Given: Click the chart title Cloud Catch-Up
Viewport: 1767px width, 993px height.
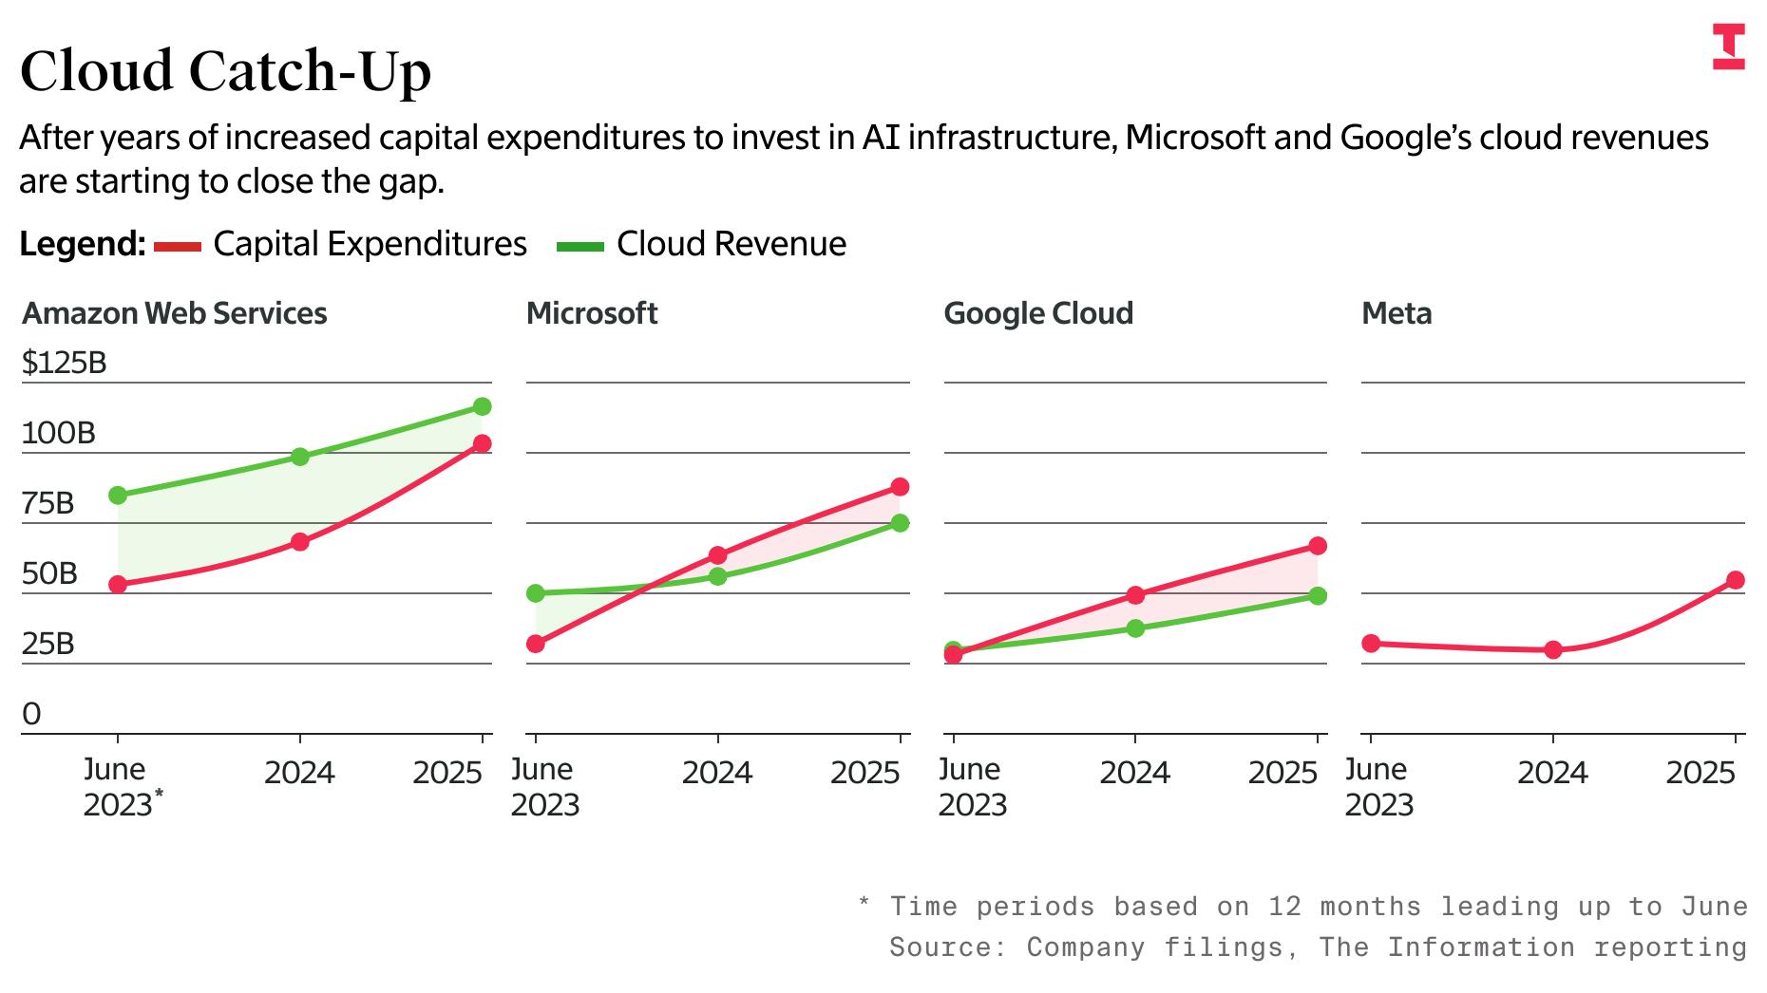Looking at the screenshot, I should (x=225, y=70).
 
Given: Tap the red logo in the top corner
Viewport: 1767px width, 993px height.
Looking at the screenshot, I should (x=1728, y=48).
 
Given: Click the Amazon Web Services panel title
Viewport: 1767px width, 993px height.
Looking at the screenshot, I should (x=175, y=313).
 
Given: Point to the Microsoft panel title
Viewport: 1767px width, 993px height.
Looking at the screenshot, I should (x=592, y=313).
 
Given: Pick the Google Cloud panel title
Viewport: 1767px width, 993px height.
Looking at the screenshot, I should (x=1038, y=313).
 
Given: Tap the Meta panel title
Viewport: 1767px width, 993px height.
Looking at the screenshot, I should (x=1396, y=313).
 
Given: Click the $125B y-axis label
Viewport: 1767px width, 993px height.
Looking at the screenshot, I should (x=65, y=363).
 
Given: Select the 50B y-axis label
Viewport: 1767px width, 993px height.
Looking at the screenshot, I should (x=49, y=573).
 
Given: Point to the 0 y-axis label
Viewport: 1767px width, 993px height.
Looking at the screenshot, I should (x=31, y=714).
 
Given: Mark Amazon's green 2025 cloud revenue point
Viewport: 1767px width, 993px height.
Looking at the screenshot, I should (x=482, y=406).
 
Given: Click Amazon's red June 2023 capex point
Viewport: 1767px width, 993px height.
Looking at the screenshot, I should (x=118, y=585).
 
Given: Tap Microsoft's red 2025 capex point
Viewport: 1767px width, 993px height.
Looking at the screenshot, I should (x=900, y=487).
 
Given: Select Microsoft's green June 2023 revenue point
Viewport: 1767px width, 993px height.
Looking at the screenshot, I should (x=535, y=593).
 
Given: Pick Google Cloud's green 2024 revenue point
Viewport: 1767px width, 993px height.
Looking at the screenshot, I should (x=1135, y=628).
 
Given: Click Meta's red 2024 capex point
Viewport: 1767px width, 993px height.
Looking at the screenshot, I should (x=1553, y=650).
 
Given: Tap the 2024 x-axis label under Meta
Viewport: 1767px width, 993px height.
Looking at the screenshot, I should (x=1552, y=773).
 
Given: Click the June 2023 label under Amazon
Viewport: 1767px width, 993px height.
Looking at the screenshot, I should (x=117, y=787).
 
